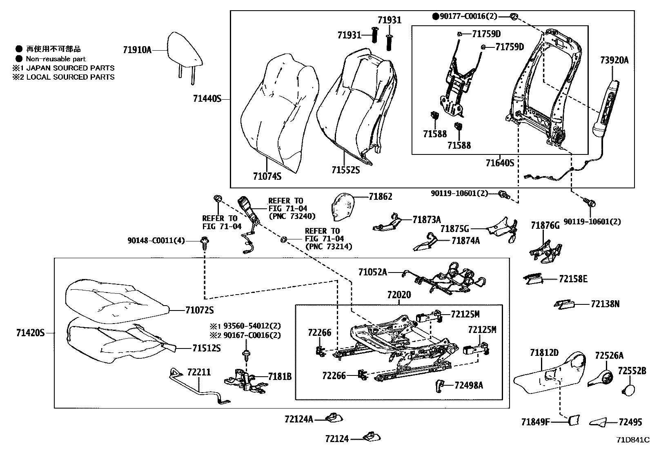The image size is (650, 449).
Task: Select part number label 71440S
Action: pyautogui.click(x=207, y=99)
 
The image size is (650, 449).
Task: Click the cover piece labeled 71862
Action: pyautogui.click(x=341, y=206)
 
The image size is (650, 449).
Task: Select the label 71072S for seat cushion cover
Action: pyautogui.click(x=199, y=311)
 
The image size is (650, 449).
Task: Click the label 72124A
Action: pyautogui.click(x=298, y=419)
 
